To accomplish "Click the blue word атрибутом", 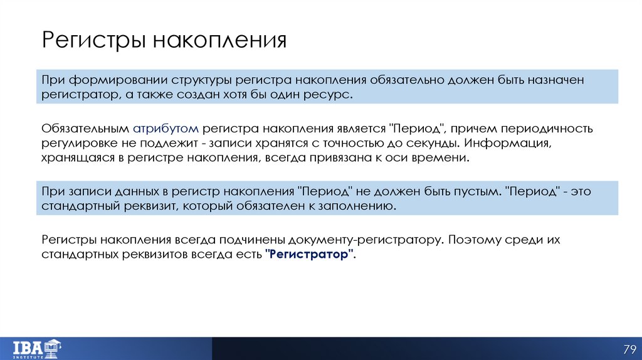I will (166, 129).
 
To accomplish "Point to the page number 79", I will (629, 349).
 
